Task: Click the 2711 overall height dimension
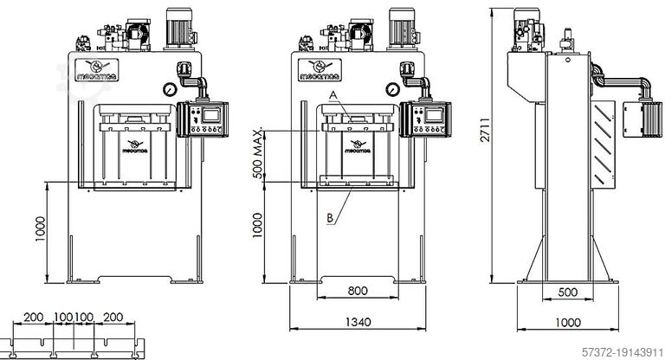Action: click(x=490, y=142)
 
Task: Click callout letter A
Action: click(x=332, y=94)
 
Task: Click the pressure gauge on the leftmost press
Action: click(x=165, y=87)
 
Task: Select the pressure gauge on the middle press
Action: click(x=394, y=87)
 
